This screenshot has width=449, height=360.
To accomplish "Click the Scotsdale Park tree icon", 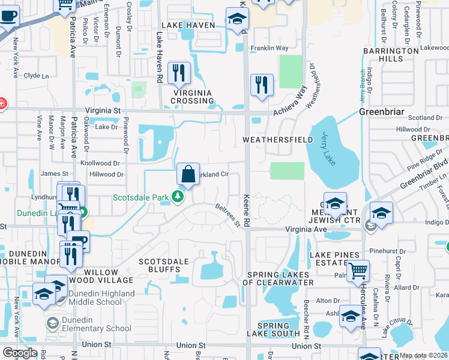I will (x=177, y=196).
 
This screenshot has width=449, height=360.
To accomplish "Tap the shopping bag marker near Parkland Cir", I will (x=188, y=175).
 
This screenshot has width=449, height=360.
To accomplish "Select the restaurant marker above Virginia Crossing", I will (x=179, y=74).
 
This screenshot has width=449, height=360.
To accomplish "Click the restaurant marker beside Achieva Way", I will (x=262, y=85).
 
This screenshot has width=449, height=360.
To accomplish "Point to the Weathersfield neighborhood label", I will (x=277, y=140).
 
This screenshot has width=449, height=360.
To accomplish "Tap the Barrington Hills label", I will (x=391, y=55).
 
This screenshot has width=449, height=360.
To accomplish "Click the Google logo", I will (x=20, y=353).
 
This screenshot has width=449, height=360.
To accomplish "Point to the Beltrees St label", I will (x=228, y=215).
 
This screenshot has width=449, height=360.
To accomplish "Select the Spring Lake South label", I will (x=273, y=333).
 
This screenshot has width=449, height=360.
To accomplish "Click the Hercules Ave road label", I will (x=363, y=310).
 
